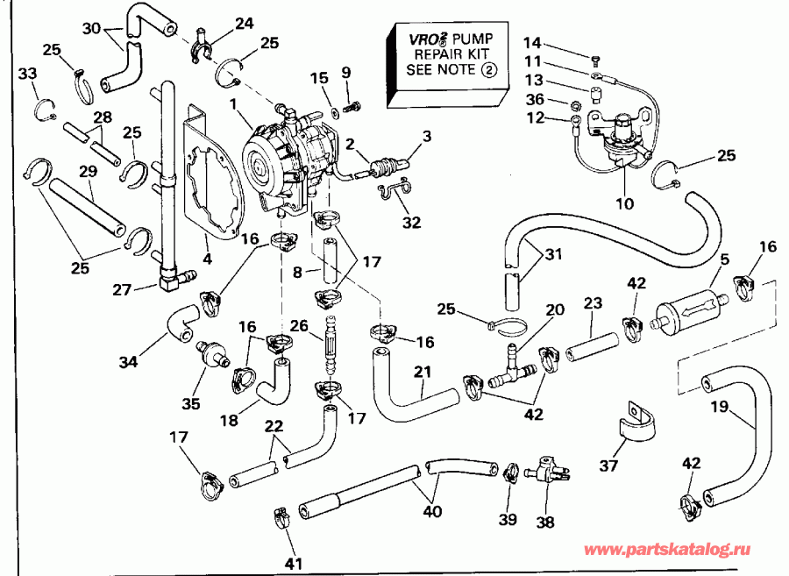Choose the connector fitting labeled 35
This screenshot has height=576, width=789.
click(210, 352)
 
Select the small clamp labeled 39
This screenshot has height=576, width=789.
click(509, 473)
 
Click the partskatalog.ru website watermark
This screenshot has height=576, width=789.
click(667, 550)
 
